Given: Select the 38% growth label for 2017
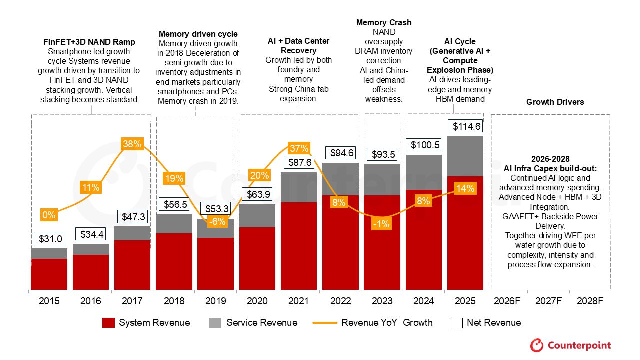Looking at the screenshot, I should (x=132, y=144).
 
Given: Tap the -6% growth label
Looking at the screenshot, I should (x=216, y=221).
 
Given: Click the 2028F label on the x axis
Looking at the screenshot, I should (x=590, y=301).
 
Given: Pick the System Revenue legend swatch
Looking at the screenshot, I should (x=108, y=323).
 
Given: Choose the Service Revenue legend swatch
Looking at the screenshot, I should (x=215, y=323).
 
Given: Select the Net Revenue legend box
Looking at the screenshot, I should (x=456, y=323).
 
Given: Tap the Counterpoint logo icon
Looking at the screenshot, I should (x=537, y=345).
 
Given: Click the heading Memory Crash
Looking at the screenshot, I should (x=384, y=23).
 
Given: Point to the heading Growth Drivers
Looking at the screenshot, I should (x=555, y=102).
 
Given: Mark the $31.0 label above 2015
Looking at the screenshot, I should (x=49, y=239).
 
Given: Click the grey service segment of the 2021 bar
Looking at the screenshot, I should (x=299, y=187).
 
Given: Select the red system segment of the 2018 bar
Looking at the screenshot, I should (x=174, y=261).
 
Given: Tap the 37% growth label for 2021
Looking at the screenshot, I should (x=299, y=148).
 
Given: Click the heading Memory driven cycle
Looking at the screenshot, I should (x=198, y=34).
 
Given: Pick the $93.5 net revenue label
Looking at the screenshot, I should (x=382, y=155).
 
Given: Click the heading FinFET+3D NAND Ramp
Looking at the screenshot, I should (x=88, y=42).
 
